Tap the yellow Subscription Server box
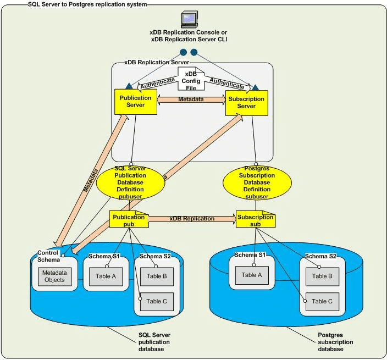pos(246,102)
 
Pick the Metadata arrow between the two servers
pos(191,99)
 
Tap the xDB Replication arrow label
pos(192,219)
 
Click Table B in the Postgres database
pos(322,276)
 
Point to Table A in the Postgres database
pos(253,275)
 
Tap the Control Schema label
pos(48,256)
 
